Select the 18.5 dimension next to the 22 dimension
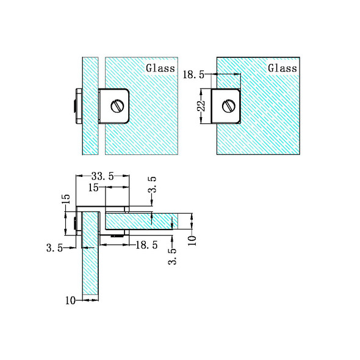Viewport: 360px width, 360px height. [195, 74]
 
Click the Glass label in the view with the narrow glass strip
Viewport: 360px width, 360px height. [160, 68]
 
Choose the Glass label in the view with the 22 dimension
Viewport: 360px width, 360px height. [283, 68]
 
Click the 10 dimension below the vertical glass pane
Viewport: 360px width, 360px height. [72, 300]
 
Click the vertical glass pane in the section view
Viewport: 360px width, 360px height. [90, 268]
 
